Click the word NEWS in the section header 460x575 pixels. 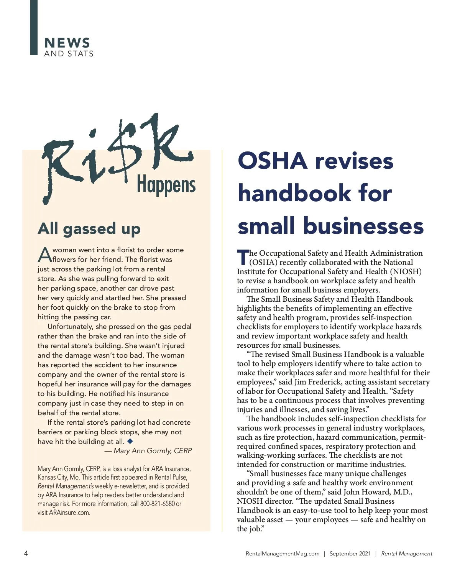(x=67, y=43)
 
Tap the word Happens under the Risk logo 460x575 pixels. (x=166, y=185)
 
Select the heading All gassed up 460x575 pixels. (x=89, y=228)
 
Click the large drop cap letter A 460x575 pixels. (x=45, y=255)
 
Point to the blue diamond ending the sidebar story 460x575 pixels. (x=130, y=441)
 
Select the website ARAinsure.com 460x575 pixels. (x=69, y=513)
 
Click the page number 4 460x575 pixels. (x=26, y=553)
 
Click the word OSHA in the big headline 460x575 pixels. (x=273, y=161)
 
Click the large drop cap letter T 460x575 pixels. (x=243, y=257)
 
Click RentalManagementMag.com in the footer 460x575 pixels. (x=283, y=554)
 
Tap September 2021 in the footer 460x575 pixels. (x=350, y=554)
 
